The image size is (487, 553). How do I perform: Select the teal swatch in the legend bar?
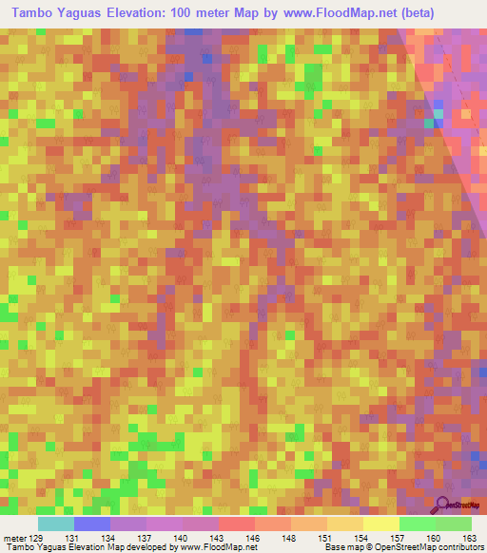[56, 524]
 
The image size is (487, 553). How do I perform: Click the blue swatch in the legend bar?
[92, 524]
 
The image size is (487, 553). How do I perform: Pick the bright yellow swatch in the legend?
[381, 524]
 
